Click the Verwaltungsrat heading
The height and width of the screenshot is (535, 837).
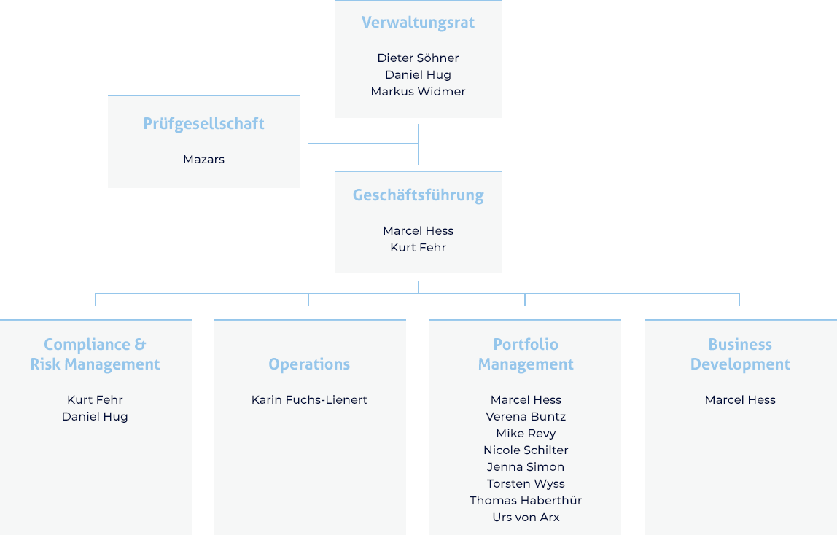coord(418,23)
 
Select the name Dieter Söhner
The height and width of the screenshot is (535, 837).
coord(418,58)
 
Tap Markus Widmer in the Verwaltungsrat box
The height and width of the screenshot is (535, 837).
coord(418,91)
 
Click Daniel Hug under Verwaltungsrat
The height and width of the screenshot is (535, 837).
coord(418,74)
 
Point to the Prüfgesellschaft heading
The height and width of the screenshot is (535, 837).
coord(203,124)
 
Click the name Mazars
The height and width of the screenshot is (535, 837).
coord(203,159)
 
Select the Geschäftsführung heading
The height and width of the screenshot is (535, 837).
coord(418,195)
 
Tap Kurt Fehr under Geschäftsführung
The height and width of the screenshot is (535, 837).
coord(418,248)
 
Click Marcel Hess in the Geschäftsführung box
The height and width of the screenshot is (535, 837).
coord(418,230)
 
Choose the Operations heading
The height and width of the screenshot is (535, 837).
coord(309,364)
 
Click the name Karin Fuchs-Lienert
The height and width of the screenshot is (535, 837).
coord(309,399)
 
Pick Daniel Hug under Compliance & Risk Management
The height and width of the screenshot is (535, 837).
coord(95,417)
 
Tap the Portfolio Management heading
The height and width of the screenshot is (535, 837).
coord(526,354)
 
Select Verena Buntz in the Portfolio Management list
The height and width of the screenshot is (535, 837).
coord(526,417)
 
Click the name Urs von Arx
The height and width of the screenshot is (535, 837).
coord(526,517)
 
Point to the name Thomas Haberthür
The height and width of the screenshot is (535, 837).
coord(526,500)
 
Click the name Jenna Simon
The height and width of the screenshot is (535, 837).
coord(526,466)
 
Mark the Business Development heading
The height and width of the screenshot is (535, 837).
coord(740,354)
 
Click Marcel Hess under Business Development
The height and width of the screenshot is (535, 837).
coord(740,399)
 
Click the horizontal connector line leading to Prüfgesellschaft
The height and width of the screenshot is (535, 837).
coord(364,144)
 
